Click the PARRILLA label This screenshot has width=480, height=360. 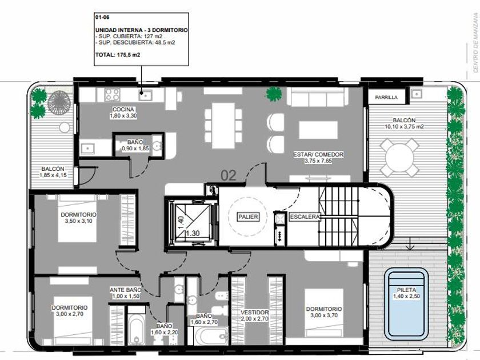(386, 97)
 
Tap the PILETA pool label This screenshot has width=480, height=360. (406, 290)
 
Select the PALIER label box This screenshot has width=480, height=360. (248, 217)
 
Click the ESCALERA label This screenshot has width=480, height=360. (305, 217)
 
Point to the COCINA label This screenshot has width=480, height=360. (123, 109)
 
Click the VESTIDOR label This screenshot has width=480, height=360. (254, 313)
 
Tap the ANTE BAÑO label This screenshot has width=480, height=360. (126, 290)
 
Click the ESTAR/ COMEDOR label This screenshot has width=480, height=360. (318, 155)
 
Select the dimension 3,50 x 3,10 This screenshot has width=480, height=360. (79, 221)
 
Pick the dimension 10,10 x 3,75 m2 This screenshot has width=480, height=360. (404, 126)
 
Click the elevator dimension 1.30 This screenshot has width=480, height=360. (193, 233)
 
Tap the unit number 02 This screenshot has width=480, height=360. (229, 176)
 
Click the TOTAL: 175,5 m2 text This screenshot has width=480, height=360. (118, 55)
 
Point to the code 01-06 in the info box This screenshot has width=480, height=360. (102, 18)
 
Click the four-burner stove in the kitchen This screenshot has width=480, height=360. (113, 95)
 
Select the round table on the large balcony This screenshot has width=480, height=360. (399, 158)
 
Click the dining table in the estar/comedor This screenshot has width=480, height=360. (223, 126)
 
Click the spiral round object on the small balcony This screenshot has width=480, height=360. (59, 102)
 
